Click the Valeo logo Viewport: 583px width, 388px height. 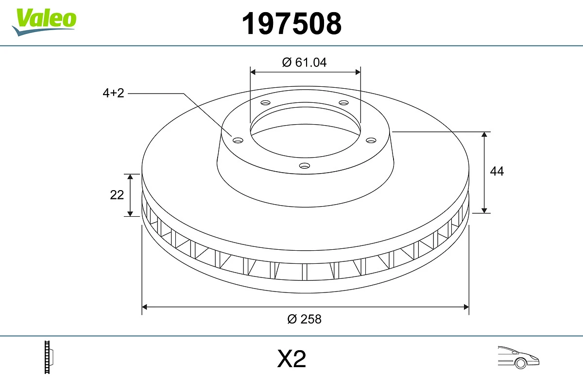(44, 22)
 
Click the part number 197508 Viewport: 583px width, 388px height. (291, 24)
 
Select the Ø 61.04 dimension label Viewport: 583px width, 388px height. (304, 63)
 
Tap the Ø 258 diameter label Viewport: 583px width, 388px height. (304, 319)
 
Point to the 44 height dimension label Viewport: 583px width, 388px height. (497, 171)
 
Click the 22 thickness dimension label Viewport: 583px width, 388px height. (117, 195)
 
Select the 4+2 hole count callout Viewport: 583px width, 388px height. (114, 93)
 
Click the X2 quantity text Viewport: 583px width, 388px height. (291, 358)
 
